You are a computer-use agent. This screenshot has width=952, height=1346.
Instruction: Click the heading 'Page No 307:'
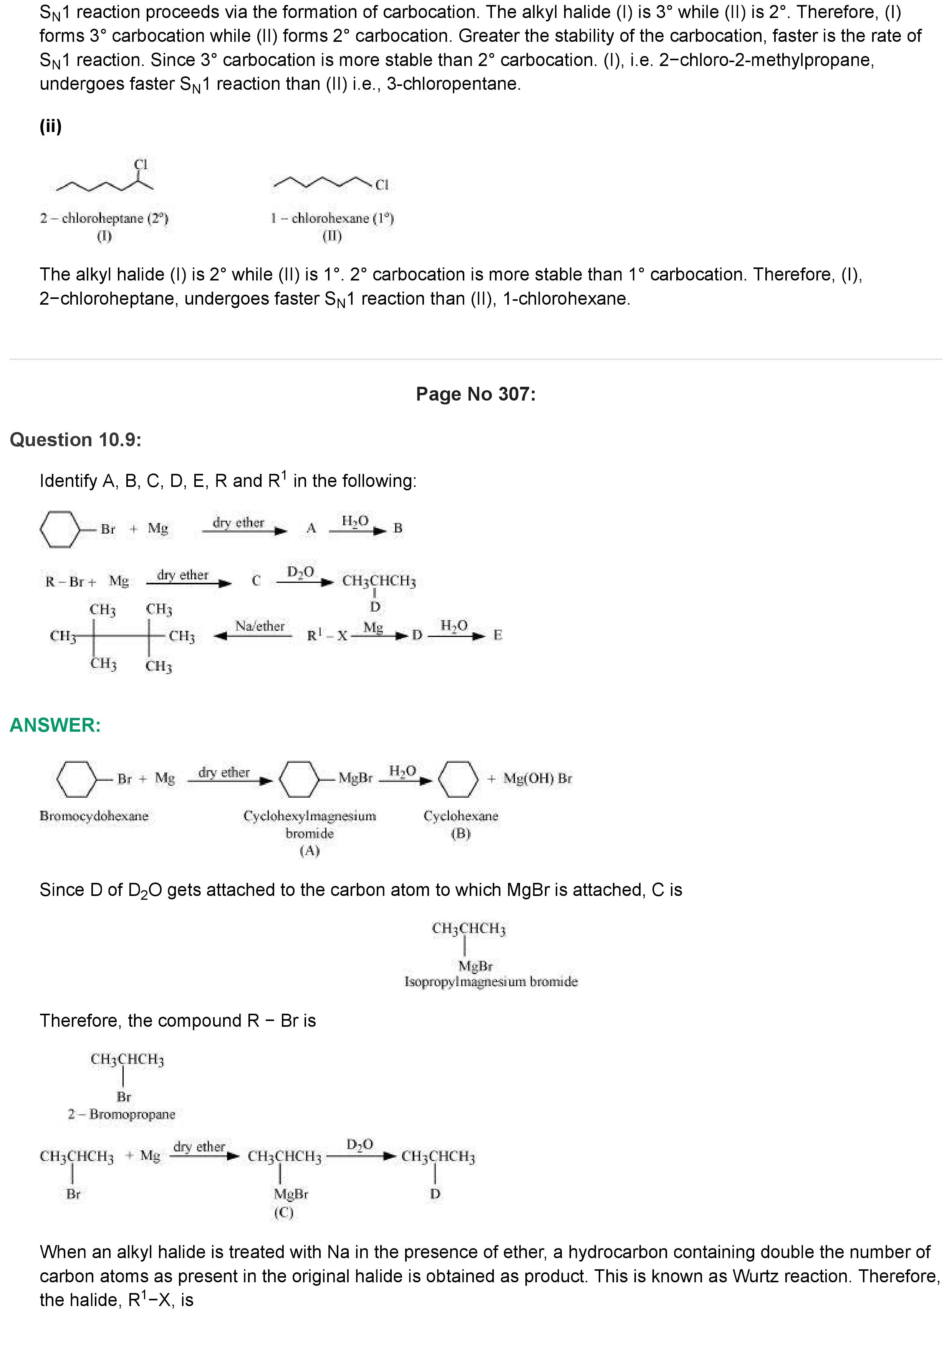click(475, 394)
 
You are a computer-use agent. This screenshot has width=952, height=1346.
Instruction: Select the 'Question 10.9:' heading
click(76, 440)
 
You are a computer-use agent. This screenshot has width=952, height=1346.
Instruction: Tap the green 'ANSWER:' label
click(55, 725)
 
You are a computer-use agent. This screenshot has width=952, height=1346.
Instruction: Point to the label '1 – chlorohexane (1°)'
click(332, 219)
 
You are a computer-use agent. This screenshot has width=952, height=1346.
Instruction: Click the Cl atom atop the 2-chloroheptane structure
click(141, 165)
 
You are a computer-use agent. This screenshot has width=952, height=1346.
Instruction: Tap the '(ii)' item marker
click(50, 126)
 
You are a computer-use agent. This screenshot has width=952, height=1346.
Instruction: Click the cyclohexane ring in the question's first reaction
click(60, 529)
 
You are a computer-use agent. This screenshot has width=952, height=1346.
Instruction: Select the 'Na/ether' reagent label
click(260, 626)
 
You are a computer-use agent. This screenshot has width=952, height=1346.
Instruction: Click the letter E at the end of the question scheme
click(497, 635)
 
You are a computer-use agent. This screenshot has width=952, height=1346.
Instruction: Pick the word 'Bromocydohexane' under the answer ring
click(94, 816)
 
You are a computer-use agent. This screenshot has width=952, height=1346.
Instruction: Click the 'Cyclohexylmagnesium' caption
click(310, 816)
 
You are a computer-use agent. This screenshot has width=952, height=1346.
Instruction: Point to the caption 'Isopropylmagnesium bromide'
click(491, 981)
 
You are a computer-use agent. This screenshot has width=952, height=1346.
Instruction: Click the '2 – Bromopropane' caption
click(121, 1114)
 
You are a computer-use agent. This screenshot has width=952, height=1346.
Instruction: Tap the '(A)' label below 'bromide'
click(310, 851)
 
